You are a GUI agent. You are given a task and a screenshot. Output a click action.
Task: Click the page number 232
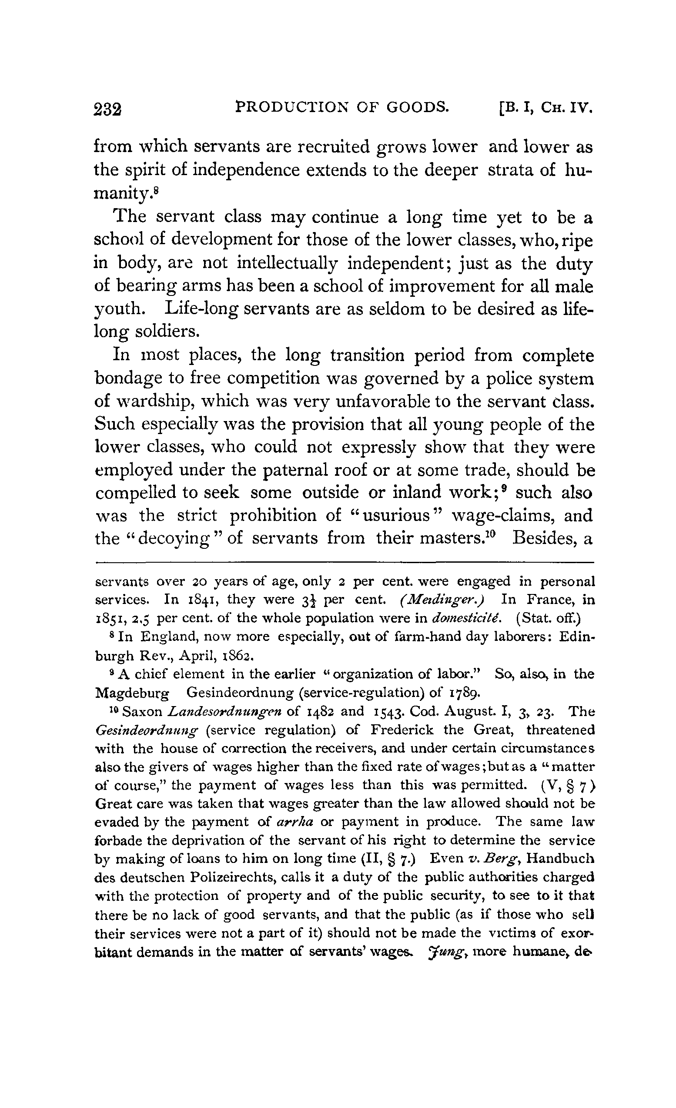(x=108, y=109)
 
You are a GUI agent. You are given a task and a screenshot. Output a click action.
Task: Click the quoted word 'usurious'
(x=395, y=515)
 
